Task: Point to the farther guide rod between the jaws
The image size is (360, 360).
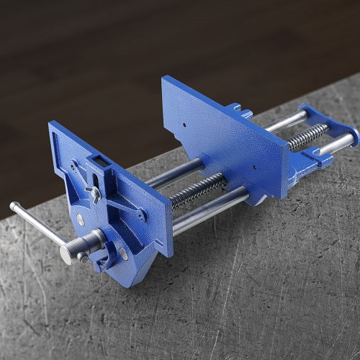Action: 176,172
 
